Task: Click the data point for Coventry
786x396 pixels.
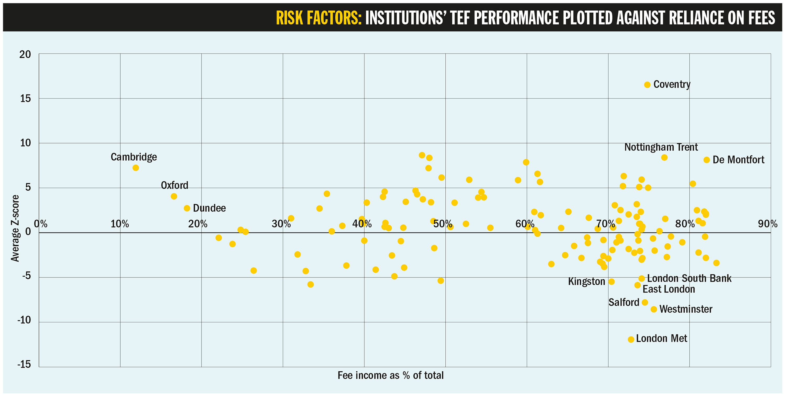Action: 647,85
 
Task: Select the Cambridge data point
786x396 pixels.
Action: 136,168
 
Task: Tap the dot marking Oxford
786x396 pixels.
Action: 174,196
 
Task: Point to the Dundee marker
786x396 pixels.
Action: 187,208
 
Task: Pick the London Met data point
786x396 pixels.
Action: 631,339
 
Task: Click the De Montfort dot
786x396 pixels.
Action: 707,160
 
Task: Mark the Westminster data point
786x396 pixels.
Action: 654,309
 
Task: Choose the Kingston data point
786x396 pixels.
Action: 612,281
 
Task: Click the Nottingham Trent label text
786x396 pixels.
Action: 661,147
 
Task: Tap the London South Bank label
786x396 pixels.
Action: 689,278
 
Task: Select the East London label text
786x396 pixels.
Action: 669,289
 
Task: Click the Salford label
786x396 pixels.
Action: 624,302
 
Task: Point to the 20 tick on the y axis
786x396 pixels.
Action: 25,55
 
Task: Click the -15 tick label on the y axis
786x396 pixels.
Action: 24,364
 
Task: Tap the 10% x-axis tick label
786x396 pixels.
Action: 120,224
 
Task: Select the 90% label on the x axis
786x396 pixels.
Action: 767,224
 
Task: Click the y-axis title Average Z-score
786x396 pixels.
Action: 15,228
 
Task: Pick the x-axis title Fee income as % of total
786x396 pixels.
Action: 390,375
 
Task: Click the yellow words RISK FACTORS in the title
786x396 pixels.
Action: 319,18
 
